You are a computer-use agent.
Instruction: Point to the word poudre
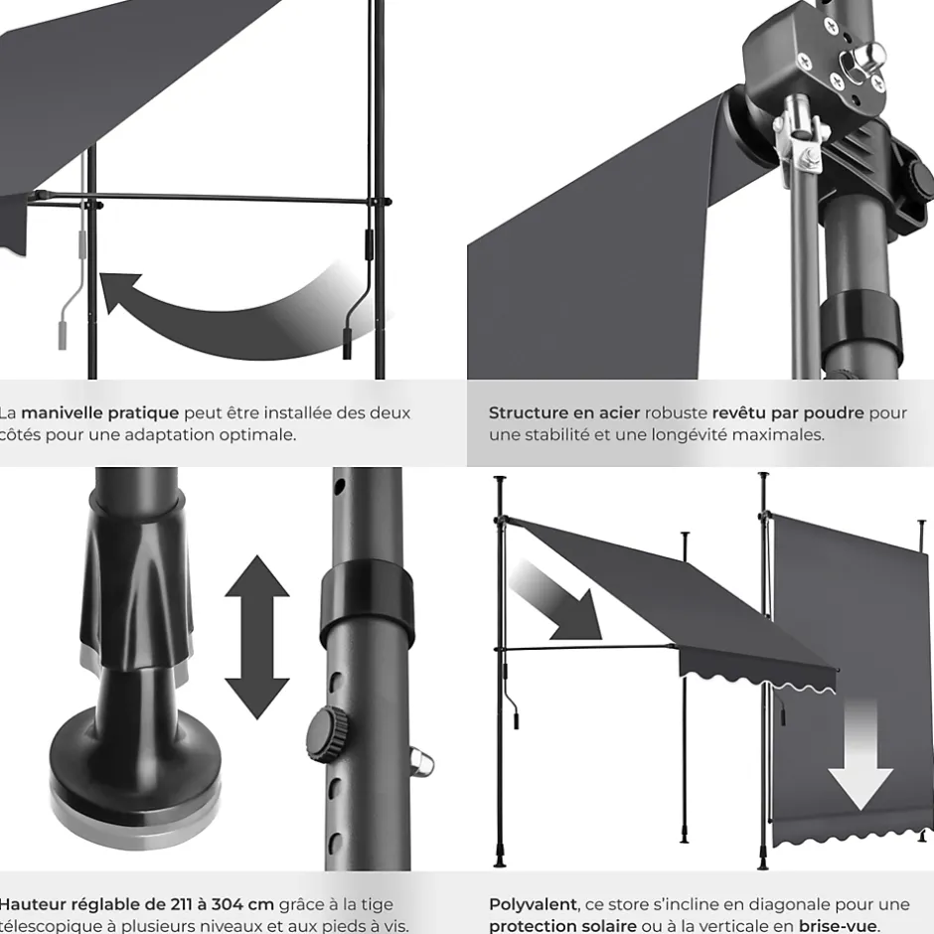click(x=834, y=412)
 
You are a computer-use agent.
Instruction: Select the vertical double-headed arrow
click(x=256, y=637)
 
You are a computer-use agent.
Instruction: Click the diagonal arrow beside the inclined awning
click(x=557, y=601)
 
